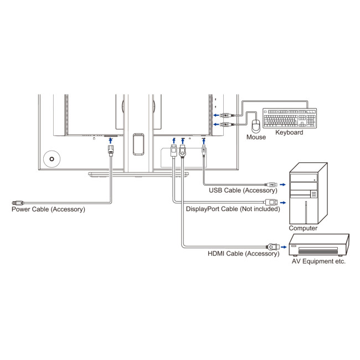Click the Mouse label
256,137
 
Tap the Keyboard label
289,133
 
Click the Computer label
303,228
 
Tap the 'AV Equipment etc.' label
318,261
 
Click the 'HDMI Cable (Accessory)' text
243,254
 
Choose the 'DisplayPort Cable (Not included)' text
233,209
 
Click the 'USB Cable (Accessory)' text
243,191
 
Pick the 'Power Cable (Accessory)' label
48,209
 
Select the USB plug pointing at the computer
271,183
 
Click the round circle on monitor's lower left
52,159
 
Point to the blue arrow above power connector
111,140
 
